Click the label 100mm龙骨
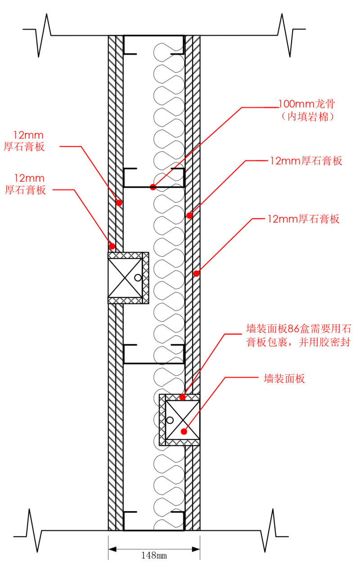click(307, 104)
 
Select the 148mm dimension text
click(154, 555)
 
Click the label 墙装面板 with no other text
click(284, 378)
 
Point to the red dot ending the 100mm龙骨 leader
click(153, 187)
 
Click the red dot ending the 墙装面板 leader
click(184, 431)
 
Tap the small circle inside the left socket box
click(138, 278)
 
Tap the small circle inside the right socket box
click(170, 420)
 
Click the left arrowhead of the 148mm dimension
click(112, 549)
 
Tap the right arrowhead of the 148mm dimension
click(196, 549)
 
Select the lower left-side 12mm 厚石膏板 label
click(25, 184)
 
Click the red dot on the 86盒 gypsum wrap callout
click(182, 397)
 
